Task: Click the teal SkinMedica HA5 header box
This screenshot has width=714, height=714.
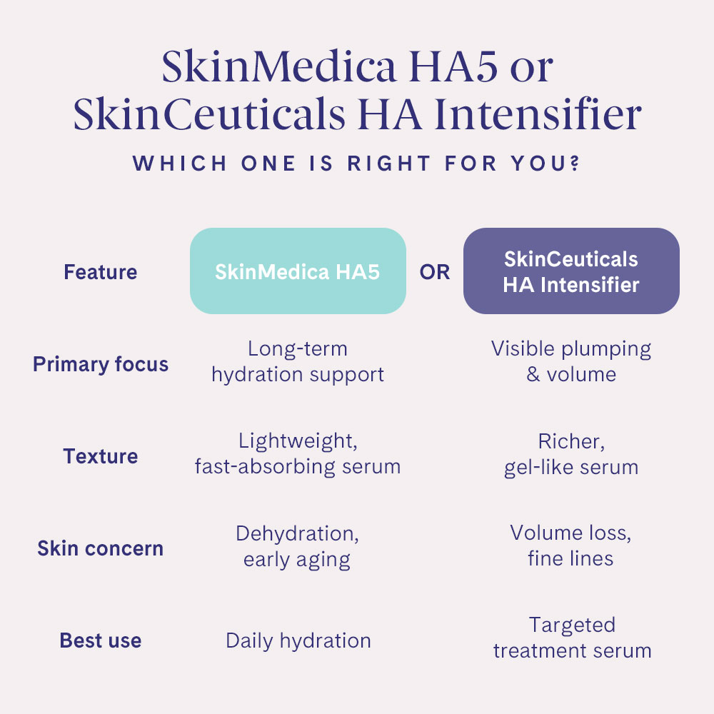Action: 298,271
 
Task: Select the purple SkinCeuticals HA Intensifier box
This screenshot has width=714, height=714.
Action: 571,271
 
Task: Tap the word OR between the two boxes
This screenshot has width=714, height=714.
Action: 435,273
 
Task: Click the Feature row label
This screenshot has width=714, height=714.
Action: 101,272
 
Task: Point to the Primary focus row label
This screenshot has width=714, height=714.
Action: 101,364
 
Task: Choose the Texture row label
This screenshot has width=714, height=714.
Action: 101,456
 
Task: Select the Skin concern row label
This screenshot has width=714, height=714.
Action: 101,548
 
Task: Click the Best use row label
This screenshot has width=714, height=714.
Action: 101,640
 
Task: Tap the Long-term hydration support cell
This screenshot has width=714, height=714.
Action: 298,362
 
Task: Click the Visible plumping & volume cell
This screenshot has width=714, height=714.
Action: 571,361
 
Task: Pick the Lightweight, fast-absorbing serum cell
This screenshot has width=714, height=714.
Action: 298,454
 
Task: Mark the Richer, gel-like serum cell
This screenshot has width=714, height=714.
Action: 571,454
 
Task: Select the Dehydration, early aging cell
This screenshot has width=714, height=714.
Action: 298,546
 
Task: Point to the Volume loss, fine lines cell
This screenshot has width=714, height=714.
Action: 571,545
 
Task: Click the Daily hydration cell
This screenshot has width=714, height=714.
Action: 298,640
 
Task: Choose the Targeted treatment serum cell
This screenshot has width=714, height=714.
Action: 572,638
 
